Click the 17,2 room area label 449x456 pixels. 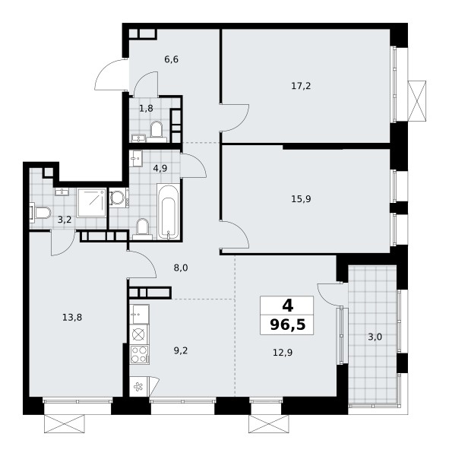(x=301, y=86)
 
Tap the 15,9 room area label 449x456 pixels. (x=301, y=199)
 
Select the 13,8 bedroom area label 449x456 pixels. (x=72, y=318)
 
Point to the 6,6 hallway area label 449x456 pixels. (x=171, y=59)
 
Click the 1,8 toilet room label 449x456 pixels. (x=146, y=109)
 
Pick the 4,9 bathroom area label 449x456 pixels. (x=160, y=169)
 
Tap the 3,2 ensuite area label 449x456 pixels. (x=65, y=220)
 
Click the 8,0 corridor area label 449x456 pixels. (x=181, y=268)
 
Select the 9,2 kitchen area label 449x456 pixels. (x=181, y=350)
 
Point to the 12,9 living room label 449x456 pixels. (x=283, y=353)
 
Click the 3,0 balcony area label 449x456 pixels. (x=375, y=337)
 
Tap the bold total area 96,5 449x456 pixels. (x=288, y=325)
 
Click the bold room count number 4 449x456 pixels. (x=288, y=306)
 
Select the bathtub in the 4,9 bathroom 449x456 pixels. (x=168, y=212)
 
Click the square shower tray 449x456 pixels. (x=92, y=203)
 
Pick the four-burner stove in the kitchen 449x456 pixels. (x=139, y=354)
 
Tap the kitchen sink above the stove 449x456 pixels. (x=139, y=314)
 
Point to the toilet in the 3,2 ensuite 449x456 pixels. (x=40, y=213)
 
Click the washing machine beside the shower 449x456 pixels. (x=119, y=198)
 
